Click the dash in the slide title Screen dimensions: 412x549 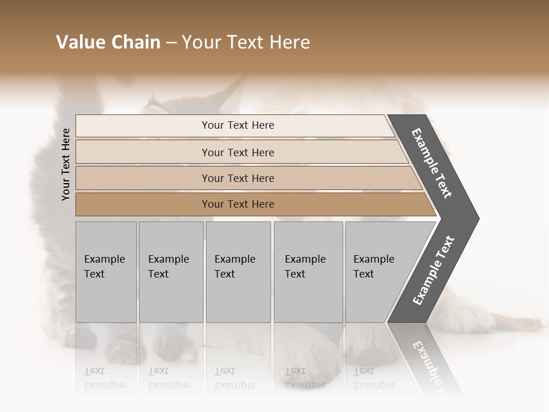171,43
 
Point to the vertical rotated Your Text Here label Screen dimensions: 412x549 66,165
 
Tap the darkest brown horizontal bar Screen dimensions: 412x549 143,204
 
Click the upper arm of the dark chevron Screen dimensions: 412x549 432,163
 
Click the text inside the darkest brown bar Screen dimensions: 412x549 238,204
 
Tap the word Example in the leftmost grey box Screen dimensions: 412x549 104,259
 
